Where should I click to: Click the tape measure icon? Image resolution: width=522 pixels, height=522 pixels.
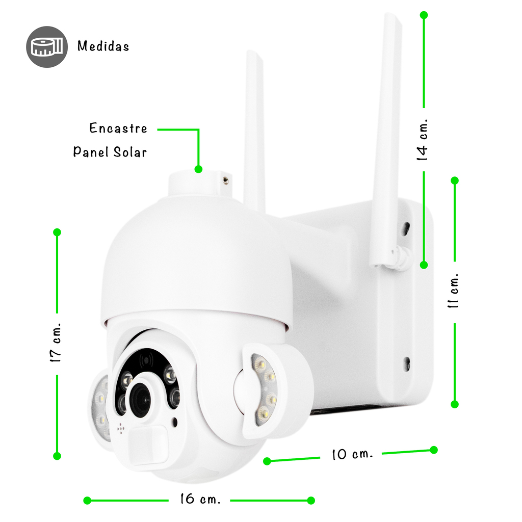click(x=47, y=47)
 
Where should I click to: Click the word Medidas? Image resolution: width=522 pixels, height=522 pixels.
click(x=103, y=46)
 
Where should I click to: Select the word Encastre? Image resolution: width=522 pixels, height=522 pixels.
click(x=118, y=128)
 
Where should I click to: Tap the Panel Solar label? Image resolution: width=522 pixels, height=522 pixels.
click(x=110, y=152)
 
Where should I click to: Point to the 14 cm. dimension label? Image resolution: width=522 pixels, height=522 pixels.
click(x=422, y=140)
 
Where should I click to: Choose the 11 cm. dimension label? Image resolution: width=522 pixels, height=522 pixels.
click(x=453, y=290)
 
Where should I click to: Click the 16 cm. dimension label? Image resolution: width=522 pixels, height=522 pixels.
click(x=200, y=499)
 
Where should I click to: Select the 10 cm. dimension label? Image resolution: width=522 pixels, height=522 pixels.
click(x=352, y=454)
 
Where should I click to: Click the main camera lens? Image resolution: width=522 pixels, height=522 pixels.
click(x=141, y=400)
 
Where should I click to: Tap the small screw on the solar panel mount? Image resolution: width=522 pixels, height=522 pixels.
click(x=225, y=180)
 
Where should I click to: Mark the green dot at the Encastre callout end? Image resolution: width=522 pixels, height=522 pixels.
click(x=198, y=169)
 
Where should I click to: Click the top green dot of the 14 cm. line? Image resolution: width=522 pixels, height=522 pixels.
click(x=424, y=15)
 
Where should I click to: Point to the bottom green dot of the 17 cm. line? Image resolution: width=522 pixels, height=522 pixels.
click(x=57, y=456)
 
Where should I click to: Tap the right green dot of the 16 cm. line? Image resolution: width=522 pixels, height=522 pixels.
click(x=311, y=501)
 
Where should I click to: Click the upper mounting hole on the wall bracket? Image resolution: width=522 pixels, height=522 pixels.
click(x=406, y=228)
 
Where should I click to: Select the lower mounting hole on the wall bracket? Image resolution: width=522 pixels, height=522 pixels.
click(x=407, y=363)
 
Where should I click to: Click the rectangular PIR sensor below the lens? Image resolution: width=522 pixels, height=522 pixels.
click(x=148, y=445)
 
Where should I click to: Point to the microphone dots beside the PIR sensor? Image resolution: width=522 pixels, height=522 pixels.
click(x=120, y=429)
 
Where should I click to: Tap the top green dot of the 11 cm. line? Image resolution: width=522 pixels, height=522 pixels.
click(x=455, y=180)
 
